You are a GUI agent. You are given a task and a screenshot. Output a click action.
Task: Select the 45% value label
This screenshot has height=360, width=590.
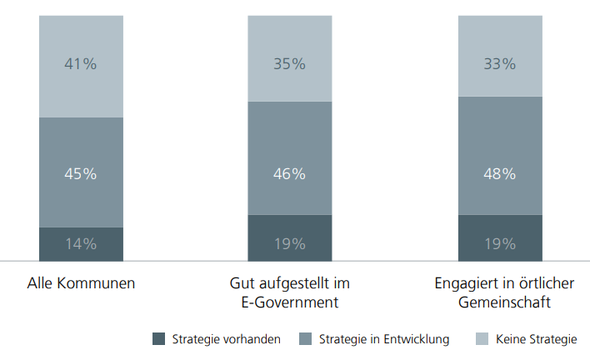click(81, 174)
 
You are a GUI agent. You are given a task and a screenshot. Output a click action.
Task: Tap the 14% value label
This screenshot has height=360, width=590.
click(81, 244)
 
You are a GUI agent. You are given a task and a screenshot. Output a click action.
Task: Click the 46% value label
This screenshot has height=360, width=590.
click(289, 174)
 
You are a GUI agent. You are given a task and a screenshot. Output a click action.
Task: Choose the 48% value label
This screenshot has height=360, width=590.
click(499, 174)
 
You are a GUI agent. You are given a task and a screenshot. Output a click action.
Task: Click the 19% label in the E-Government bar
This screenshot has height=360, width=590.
click(289, 244)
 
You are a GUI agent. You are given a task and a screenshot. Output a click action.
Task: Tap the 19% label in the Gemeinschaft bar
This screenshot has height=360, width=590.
click(499, 244)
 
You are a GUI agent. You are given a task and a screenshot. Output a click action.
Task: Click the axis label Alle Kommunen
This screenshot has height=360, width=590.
click(81, 283)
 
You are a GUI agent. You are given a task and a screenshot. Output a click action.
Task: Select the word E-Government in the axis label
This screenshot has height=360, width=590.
click(290, 302)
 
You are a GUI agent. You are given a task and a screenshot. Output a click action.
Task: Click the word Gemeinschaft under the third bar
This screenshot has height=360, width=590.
click(504, 302)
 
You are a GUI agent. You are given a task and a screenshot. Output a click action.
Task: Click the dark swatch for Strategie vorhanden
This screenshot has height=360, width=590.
click(160, 339)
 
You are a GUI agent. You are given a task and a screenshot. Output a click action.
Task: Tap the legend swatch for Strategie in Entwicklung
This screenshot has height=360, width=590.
click(306, 339)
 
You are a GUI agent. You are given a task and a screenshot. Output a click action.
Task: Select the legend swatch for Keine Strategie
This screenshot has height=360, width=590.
click(482, 339)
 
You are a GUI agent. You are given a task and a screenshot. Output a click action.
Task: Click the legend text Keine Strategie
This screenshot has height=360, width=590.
click(536, 339)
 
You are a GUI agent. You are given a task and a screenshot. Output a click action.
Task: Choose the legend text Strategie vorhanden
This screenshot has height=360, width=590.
click(226, 339)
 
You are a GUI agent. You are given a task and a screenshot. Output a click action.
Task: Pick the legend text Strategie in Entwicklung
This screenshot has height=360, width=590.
click(384, 339)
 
